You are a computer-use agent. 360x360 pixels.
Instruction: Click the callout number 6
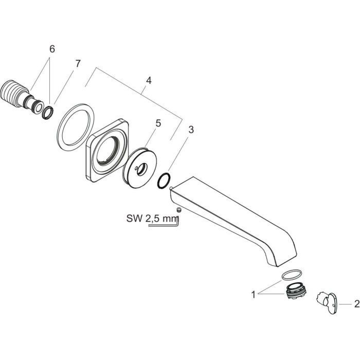[x=51, y=49]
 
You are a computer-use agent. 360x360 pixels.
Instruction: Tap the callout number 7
[x=78, y=64]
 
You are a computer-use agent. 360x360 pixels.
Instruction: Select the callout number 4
[x=148, y=80]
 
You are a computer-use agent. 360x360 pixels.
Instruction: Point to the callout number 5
[x=158, y=123]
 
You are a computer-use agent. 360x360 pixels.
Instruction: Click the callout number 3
[x=191, y=130]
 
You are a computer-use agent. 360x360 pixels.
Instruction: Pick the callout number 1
[x=253, y=295]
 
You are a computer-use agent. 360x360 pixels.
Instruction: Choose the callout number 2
[x=356, y=304]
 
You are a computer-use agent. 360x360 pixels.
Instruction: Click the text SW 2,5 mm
[x=149, y=218]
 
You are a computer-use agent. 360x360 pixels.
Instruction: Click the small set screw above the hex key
[x=178, y=210]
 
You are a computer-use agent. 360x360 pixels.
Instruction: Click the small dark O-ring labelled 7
[x=47, y=113]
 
